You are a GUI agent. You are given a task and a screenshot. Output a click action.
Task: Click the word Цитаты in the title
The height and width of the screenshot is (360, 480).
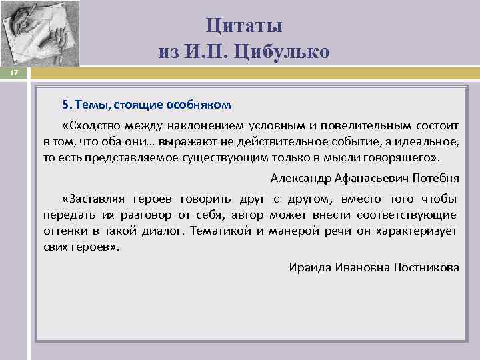[x=244, y=26]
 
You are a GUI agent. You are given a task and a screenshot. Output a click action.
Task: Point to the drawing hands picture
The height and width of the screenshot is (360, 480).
[x=39, y=33]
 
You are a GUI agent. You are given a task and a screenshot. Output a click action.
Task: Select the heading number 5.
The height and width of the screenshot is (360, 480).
[x=66, y=105]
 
